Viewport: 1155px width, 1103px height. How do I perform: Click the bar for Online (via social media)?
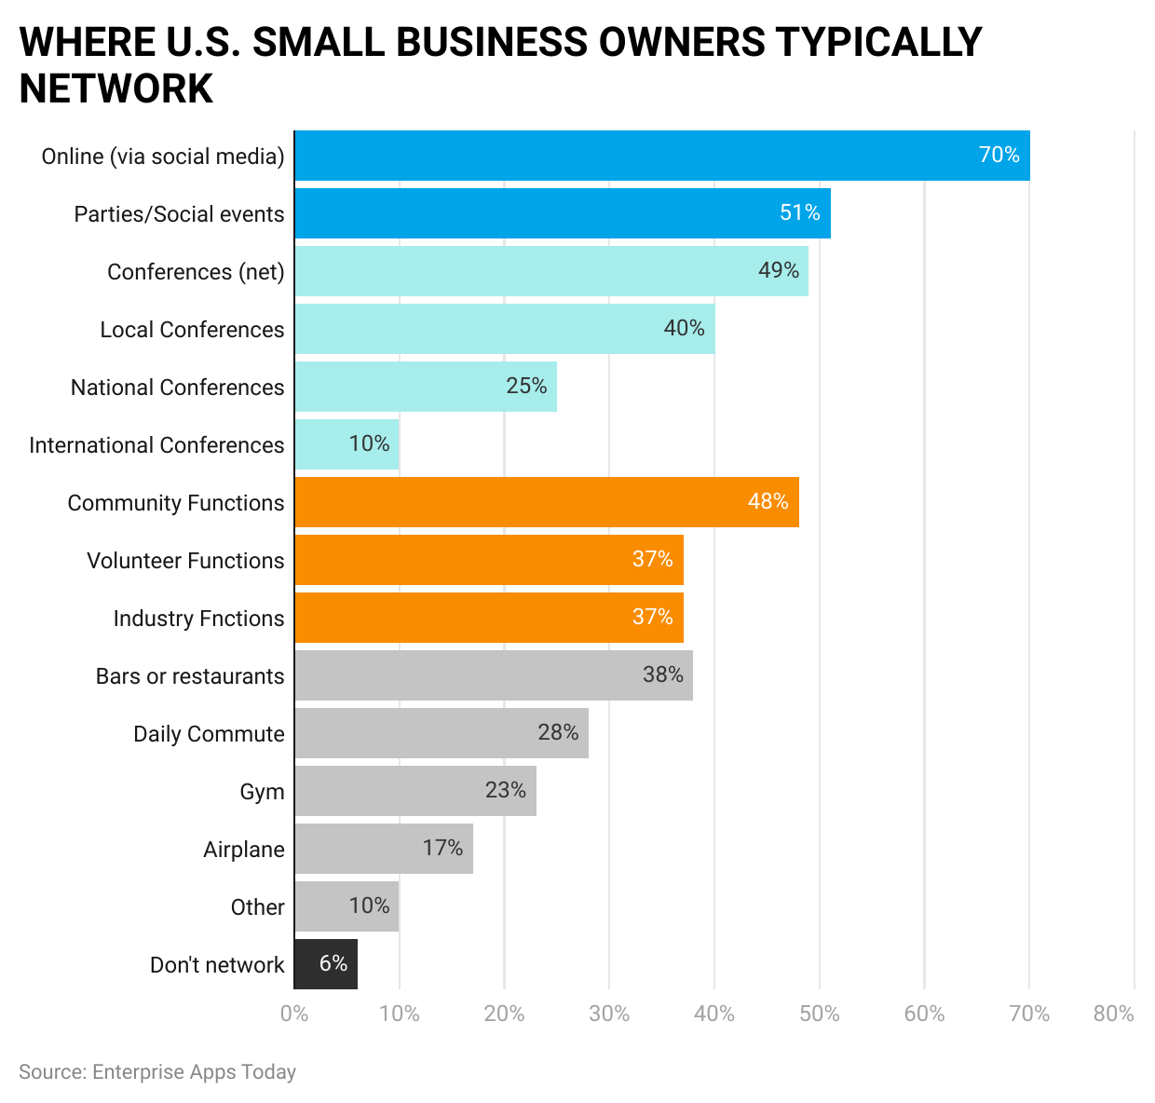[x=661, y=156]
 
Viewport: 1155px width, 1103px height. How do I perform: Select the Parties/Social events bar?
[x=562, y=213]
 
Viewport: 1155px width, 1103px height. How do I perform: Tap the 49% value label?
[x=779, y=270]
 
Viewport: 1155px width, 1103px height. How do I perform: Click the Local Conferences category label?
[x=192, y=330]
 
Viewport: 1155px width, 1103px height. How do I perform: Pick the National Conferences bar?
[x=426, y=387]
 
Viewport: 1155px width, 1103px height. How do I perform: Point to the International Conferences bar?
[x=346, y=444]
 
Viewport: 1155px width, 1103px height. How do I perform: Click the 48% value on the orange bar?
[x=768, y=501]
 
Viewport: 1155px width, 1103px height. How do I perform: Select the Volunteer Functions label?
[x=185, y=561]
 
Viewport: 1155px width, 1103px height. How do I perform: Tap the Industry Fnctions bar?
[x=489, y=618]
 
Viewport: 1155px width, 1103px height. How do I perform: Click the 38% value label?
[x=663, y=674]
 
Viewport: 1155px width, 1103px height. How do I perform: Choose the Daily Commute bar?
[x=441, y=733]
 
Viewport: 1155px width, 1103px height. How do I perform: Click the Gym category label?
[x=262, y=792]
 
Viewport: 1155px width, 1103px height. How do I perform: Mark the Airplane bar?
[x=384, y=849]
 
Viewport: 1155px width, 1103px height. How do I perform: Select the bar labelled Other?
[x=346, y=906]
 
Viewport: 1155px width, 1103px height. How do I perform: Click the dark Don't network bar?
[x=326, y=964]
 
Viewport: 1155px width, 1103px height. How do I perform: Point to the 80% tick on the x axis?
[x=1113, y=1014]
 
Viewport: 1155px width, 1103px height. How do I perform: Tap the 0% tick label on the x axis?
[x=294, y=1014]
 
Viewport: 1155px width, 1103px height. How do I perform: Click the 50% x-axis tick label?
[x=820, y=1014]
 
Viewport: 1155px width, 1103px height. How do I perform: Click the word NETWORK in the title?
[x=116, y=89]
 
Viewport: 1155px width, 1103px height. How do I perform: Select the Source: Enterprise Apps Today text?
[x=157, y=1072]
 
